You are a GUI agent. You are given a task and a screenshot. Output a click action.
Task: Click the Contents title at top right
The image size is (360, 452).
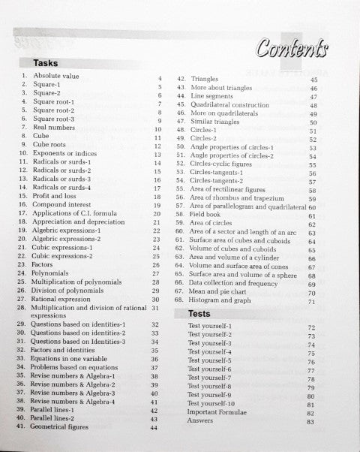293,50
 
